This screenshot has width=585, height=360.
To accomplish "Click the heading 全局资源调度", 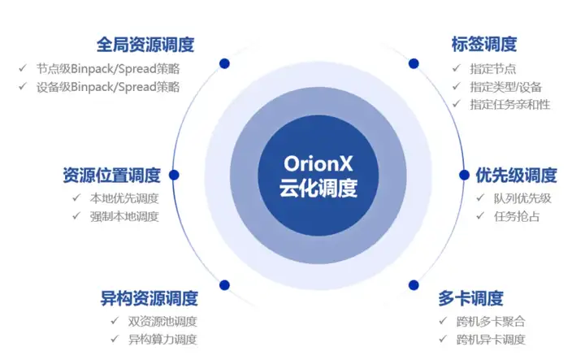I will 145,44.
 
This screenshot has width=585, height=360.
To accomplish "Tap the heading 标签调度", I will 484,44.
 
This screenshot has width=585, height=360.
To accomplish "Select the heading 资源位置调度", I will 111,176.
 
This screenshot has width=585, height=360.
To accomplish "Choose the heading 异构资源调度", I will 149,297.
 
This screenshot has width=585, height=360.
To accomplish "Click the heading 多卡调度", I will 470,297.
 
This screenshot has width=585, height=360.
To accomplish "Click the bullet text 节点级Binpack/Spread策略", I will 107,68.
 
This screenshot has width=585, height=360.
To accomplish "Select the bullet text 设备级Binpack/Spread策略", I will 107,87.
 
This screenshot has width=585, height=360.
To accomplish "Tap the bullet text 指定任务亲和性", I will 510,105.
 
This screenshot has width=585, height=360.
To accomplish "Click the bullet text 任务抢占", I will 517,216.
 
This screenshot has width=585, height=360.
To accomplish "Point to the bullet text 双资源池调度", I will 162,321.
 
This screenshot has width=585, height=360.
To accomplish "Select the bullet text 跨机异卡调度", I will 491,340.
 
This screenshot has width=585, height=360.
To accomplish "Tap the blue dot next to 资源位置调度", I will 173,175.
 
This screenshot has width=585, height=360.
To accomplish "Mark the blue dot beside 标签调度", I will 414,63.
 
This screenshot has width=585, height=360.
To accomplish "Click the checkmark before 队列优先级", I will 478,198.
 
